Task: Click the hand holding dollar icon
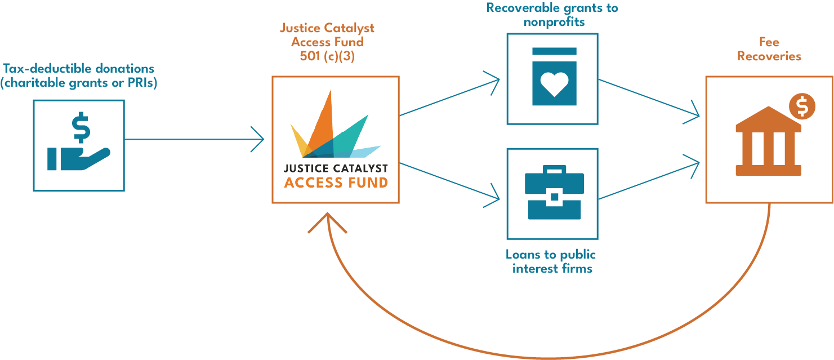coord(78,145)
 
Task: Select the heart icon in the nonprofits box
coord(554,85)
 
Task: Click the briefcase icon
coord(554,193)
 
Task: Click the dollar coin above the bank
coord(802,106)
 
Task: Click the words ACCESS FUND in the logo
coord(336,183)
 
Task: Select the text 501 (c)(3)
coord(327,56)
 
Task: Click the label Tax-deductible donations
coord(78,69)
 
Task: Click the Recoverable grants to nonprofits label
coord(552,15)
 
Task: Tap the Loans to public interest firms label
coord(551,261)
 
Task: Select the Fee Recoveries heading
coord(769,50)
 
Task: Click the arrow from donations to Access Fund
coord(194,139)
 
